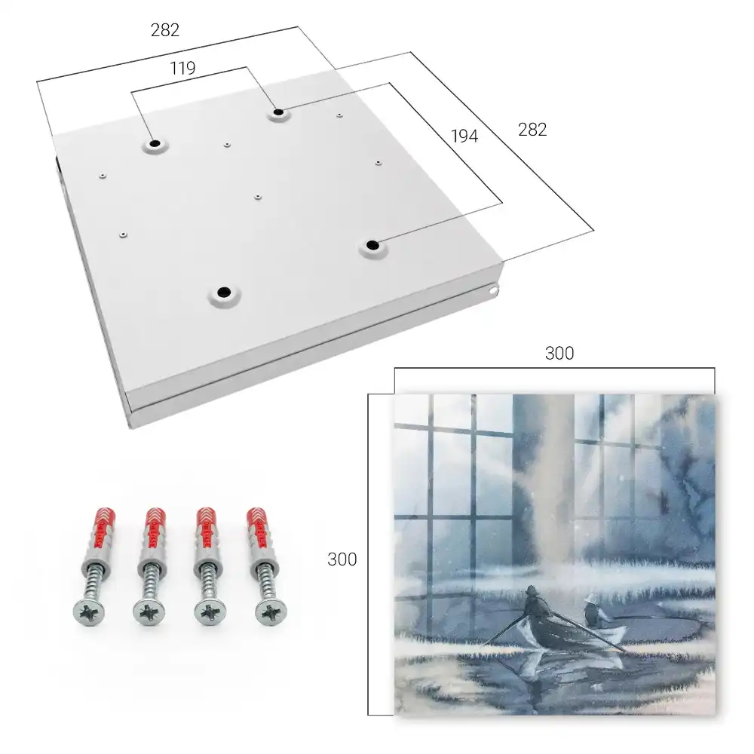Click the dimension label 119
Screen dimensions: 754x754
pos(182,69)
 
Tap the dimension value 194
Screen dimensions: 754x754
pos(464,136)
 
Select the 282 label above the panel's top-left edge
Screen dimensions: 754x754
pos(165,30)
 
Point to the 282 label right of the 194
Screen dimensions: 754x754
pos(532,130)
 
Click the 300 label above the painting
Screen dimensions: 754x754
pos(559,354)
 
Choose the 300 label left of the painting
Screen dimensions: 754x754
pos(342,559)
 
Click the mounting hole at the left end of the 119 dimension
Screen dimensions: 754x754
pos(155,144)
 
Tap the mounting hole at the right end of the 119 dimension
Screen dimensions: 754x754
pos(278,113)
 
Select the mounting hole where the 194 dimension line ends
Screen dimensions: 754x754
pos(372,245)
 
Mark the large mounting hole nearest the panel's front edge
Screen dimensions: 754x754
pos(224,292)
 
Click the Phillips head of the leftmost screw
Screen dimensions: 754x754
pos(89,612)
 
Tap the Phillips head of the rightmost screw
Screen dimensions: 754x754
pos(271,612)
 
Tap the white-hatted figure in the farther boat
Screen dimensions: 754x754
pos(592,611)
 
